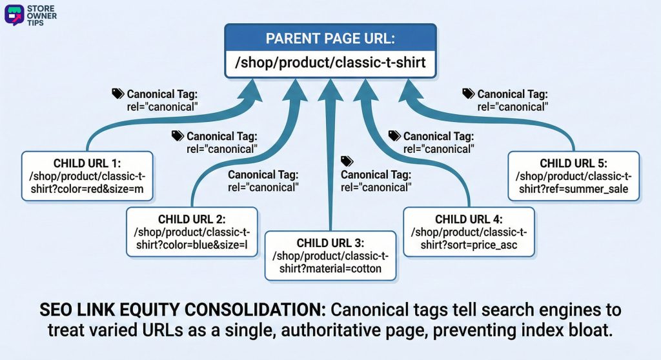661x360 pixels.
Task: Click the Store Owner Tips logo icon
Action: coord(14,14)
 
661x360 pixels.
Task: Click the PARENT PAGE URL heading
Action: coord(330,38)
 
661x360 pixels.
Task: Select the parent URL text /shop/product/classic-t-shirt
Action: coord(330,64)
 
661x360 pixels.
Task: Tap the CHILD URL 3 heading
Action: coord(330,243)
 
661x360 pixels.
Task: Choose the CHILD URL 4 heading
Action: coord(469,219)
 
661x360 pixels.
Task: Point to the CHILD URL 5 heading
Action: coord(573,163)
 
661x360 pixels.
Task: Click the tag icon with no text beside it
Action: coord(347,161)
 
